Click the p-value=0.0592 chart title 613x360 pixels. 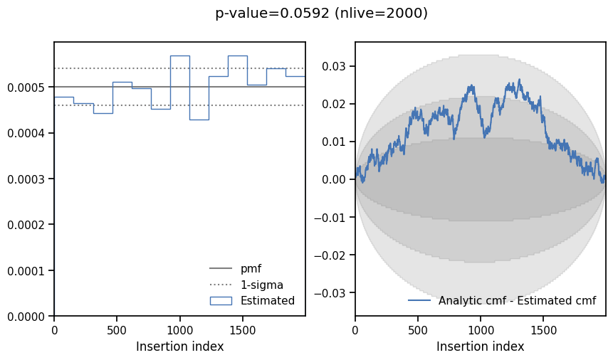click(x=321, y=14)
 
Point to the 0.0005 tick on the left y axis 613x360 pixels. click(x=26, y=88)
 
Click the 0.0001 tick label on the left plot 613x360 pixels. click(x=26, y=271)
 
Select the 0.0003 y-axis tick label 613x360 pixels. click(x=26, y=179)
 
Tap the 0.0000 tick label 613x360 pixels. click(x=26, y=317)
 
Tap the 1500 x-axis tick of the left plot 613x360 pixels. click(x=243, y=329)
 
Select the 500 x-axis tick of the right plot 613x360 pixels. click(x=418, y=329)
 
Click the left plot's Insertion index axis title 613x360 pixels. click(x=179, y=347)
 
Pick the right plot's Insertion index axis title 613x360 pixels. click(x=480, y=347)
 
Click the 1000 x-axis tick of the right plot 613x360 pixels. click(x=481, y=329)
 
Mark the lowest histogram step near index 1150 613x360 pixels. click(x=199, y=120)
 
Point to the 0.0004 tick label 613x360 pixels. click(x=26, y=134)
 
